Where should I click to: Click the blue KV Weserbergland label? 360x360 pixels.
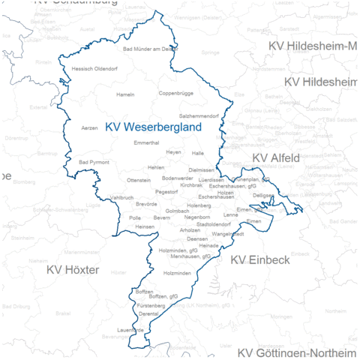[154, 127]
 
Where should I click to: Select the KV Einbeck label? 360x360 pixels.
[259, 259]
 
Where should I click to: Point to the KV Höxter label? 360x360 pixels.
[73, 268]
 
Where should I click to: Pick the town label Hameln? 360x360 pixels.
[125, 94]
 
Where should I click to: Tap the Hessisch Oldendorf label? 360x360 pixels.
[94, 68]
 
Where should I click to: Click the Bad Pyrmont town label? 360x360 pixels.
[94, 162]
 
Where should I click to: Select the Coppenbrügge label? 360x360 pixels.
[175, 94]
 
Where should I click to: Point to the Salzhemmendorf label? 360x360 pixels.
[198, 116]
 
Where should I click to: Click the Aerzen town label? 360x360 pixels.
[89, 128]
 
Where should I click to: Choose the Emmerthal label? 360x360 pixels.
[146, 142]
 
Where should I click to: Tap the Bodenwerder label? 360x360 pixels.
[177, 178]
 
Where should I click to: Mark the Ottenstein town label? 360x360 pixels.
[139, 181]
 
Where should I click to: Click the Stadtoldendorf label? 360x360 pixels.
[213, 223]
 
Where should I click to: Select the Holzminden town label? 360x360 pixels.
[177, 273]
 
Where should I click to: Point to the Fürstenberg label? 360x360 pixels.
[151, 307]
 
